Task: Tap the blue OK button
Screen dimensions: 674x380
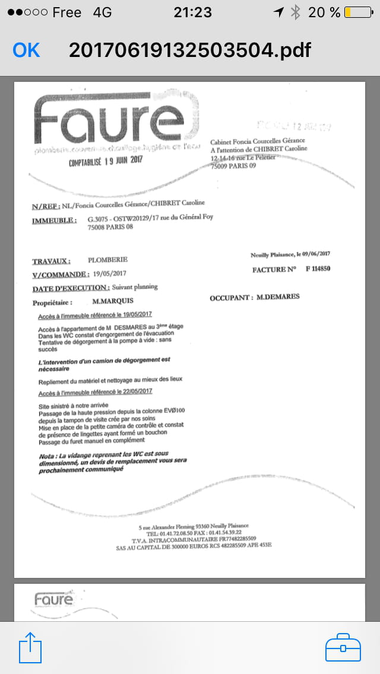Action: (26, 50)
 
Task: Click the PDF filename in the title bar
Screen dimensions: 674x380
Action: (189, 50)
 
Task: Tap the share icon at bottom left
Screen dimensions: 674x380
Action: (31, 647)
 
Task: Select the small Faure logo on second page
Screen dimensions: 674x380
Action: (53, 600)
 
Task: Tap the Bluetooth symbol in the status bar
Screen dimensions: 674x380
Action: (295, 12)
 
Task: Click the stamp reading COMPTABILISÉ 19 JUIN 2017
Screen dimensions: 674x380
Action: (106, 160)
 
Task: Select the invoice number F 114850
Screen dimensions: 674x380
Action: (318, 269)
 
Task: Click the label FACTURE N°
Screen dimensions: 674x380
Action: (274, 269)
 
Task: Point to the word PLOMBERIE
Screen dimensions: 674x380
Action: (107, 260)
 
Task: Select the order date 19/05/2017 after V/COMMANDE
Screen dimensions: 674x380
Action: (110, 274)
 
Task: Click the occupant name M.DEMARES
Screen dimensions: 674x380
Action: (278, 297)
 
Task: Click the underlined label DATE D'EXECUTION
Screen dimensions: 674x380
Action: (71, 288)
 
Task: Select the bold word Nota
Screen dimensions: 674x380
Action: (47, 455)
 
